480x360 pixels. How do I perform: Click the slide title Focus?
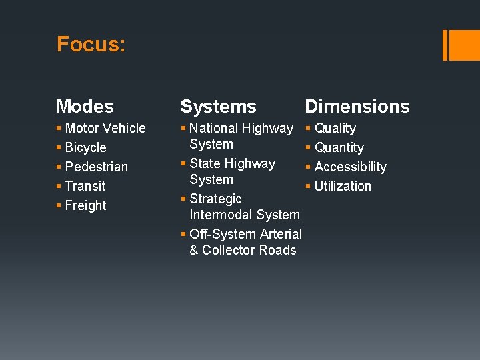[91, 45]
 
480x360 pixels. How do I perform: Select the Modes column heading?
[85, 107]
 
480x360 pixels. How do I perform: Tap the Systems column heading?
[218, 107]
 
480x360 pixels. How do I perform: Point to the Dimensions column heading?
[357, 107]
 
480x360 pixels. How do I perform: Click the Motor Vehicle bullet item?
[105, 128]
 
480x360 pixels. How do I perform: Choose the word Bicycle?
[85, 147]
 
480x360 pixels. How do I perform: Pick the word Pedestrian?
[96, 167]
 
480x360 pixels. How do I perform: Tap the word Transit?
[85, 186]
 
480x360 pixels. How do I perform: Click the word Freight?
[85, 205]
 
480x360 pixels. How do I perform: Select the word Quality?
[335, 128]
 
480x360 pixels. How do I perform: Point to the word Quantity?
[339, 147]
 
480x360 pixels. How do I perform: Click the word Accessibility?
[350, 167]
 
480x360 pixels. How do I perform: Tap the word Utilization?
[343, 186]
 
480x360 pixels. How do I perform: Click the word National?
[213, 128]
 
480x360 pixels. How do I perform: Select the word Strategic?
[215, 199]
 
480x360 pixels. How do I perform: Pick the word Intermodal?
[217, 215]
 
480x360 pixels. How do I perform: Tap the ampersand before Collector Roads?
[194, 250]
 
